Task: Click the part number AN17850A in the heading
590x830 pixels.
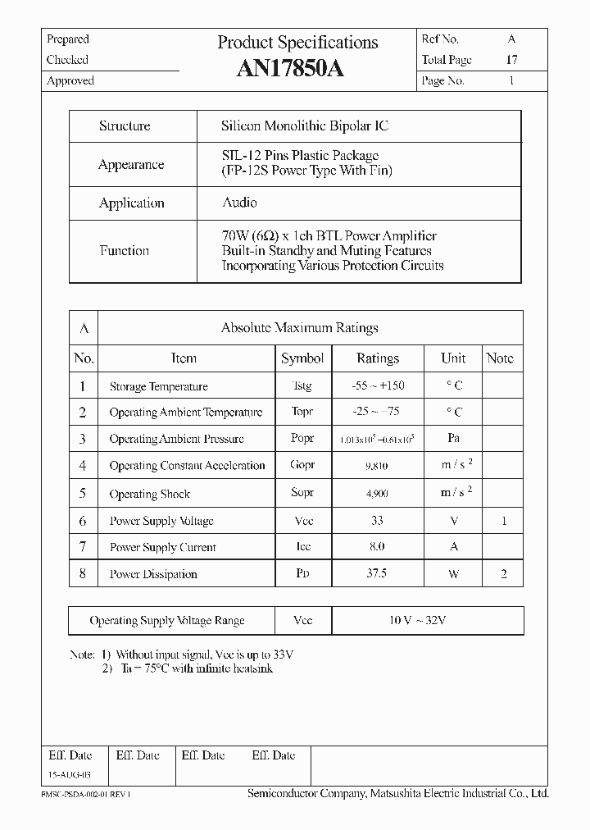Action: [290, 70]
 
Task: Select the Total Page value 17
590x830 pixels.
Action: [511, 60]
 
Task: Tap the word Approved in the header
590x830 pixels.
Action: [70, 81]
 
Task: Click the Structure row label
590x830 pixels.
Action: [125, 126]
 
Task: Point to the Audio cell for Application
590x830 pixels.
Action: [239, 203]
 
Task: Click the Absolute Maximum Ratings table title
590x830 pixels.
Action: [299, 328]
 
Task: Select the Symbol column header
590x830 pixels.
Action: [302, 358]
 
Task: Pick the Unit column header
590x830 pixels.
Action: [453, 358]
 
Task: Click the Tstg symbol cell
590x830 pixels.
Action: [302, 386]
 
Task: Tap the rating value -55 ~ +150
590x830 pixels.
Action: [378, 385]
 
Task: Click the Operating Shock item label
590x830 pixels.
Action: [149, 495]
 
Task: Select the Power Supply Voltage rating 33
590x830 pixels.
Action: [378, 521]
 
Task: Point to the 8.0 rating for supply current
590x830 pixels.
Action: [377, 546]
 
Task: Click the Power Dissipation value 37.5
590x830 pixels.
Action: [377, 573]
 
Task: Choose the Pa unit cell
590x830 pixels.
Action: [453, 439]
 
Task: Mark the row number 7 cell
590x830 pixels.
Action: [83, 546]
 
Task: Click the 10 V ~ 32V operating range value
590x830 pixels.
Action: [418, 620]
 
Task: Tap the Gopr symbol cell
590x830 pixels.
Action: [302, 465]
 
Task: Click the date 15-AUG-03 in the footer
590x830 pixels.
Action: [69, 774]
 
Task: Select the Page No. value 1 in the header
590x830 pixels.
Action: [511, 81]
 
